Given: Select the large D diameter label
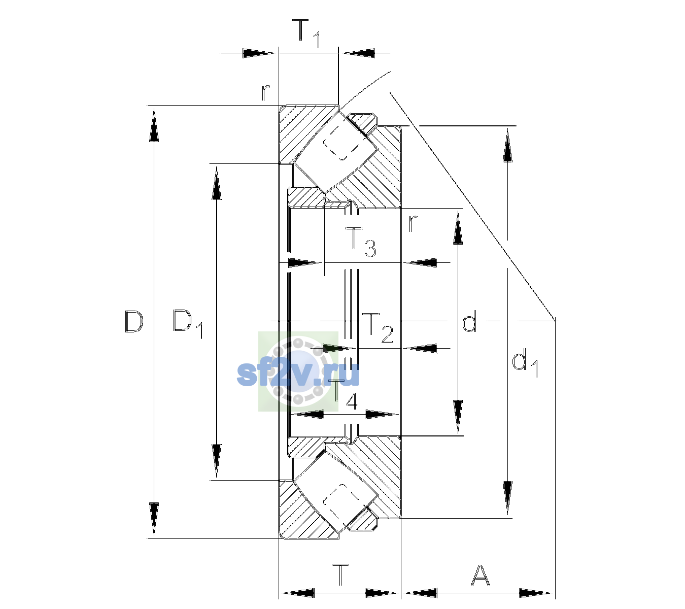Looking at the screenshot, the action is click(x=134, y=322).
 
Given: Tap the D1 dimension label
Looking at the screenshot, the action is click(x=188, y=324).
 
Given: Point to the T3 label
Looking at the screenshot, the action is click(x=360, y=242).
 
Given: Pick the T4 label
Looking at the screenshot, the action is click(x=346, y=395).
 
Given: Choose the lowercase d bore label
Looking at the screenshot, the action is click(x=469, y=321).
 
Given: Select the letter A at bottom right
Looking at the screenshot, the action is click(x=480, y=575).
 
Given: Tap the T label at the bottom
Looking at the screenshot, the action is click(x=340, y=574).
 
